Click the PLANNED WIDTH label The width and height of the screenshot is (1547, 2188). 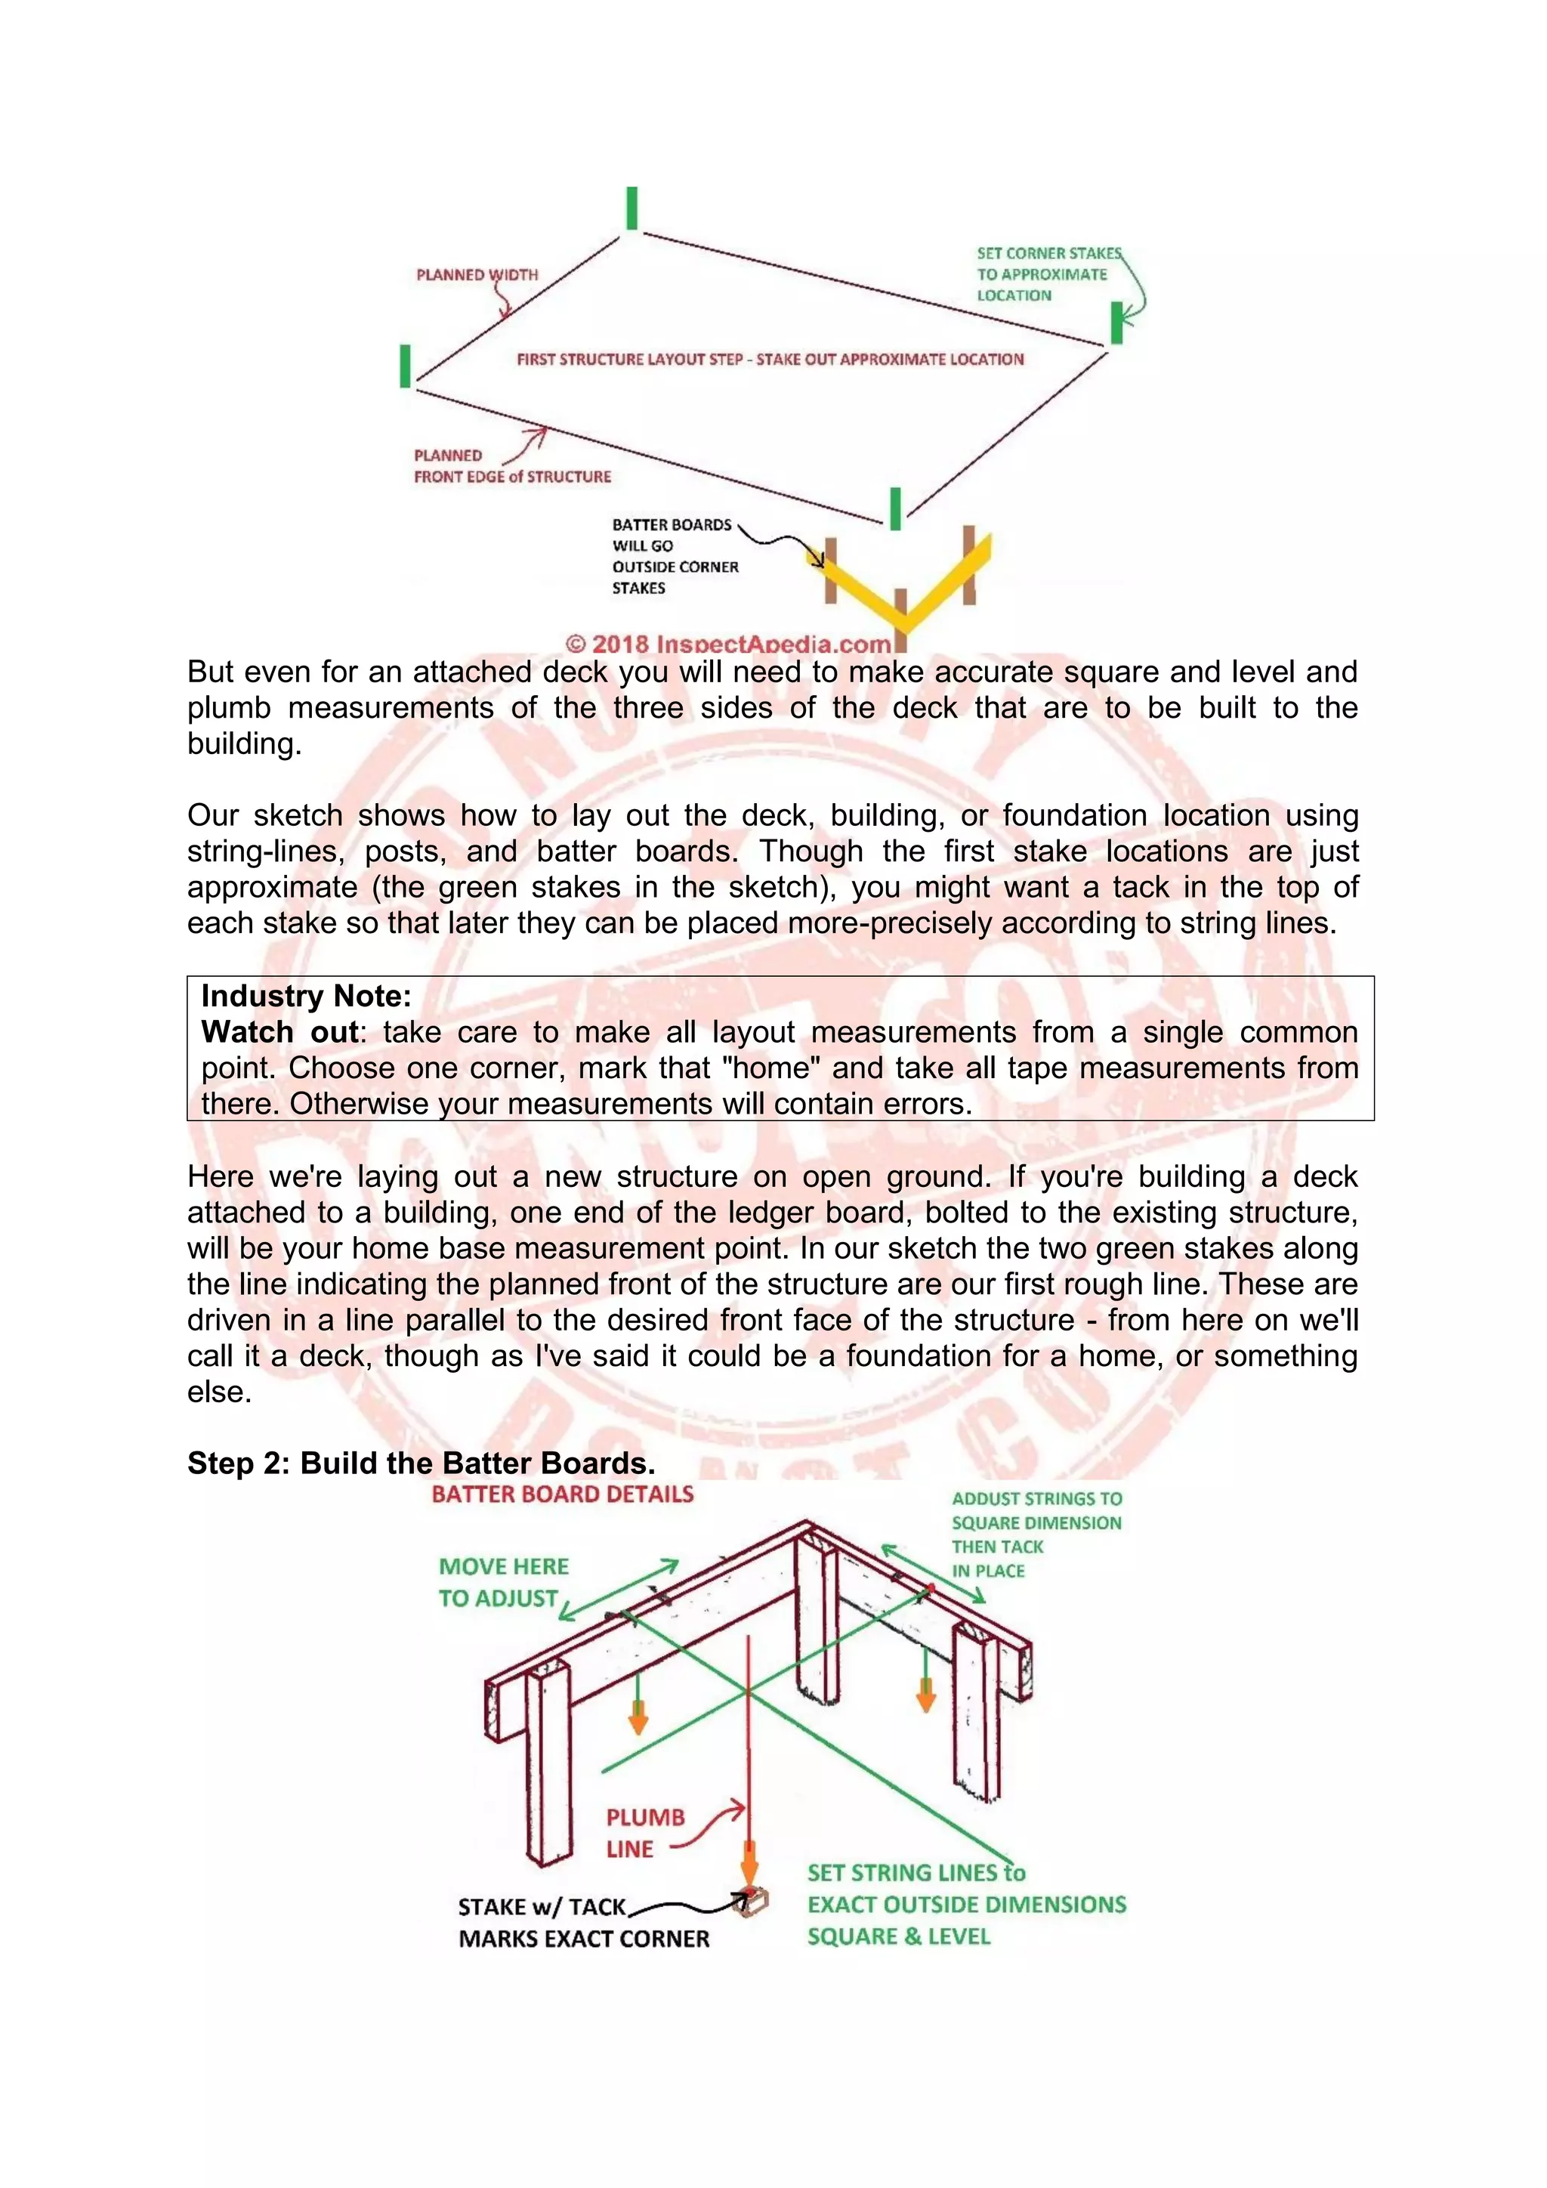point(477,274)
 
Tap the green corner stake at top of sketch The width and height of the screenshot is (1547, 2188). point(631,208)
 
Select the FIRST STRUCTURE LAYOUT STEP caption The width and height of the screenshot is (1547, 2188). point(770,360)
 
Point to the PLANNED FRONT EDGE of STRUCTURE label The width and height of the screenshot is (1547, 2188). point(511,466)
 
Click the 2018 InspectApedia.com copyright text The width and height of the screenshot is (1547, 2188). point(729,644)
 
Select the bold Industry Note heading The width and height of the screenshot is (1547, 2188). point(306,996)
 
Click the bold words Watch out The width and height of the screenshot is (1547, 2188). point(279,1032)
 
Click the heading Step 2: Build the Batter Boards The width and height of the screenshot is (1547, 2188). point(420,1463)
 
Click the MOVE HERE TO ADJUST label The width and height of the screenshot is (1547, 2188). point(503,1582)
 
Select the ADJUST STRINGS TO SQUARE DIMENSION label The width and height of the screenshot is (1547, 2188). point(1036,1534)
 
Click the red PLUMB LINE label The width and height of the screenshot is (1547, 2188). point(645,1833)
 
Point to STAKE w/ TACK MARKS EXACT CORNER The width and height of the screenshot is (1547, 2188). point(583,1923)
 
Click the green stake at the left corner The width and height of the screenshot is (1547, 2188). point(405,366)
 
